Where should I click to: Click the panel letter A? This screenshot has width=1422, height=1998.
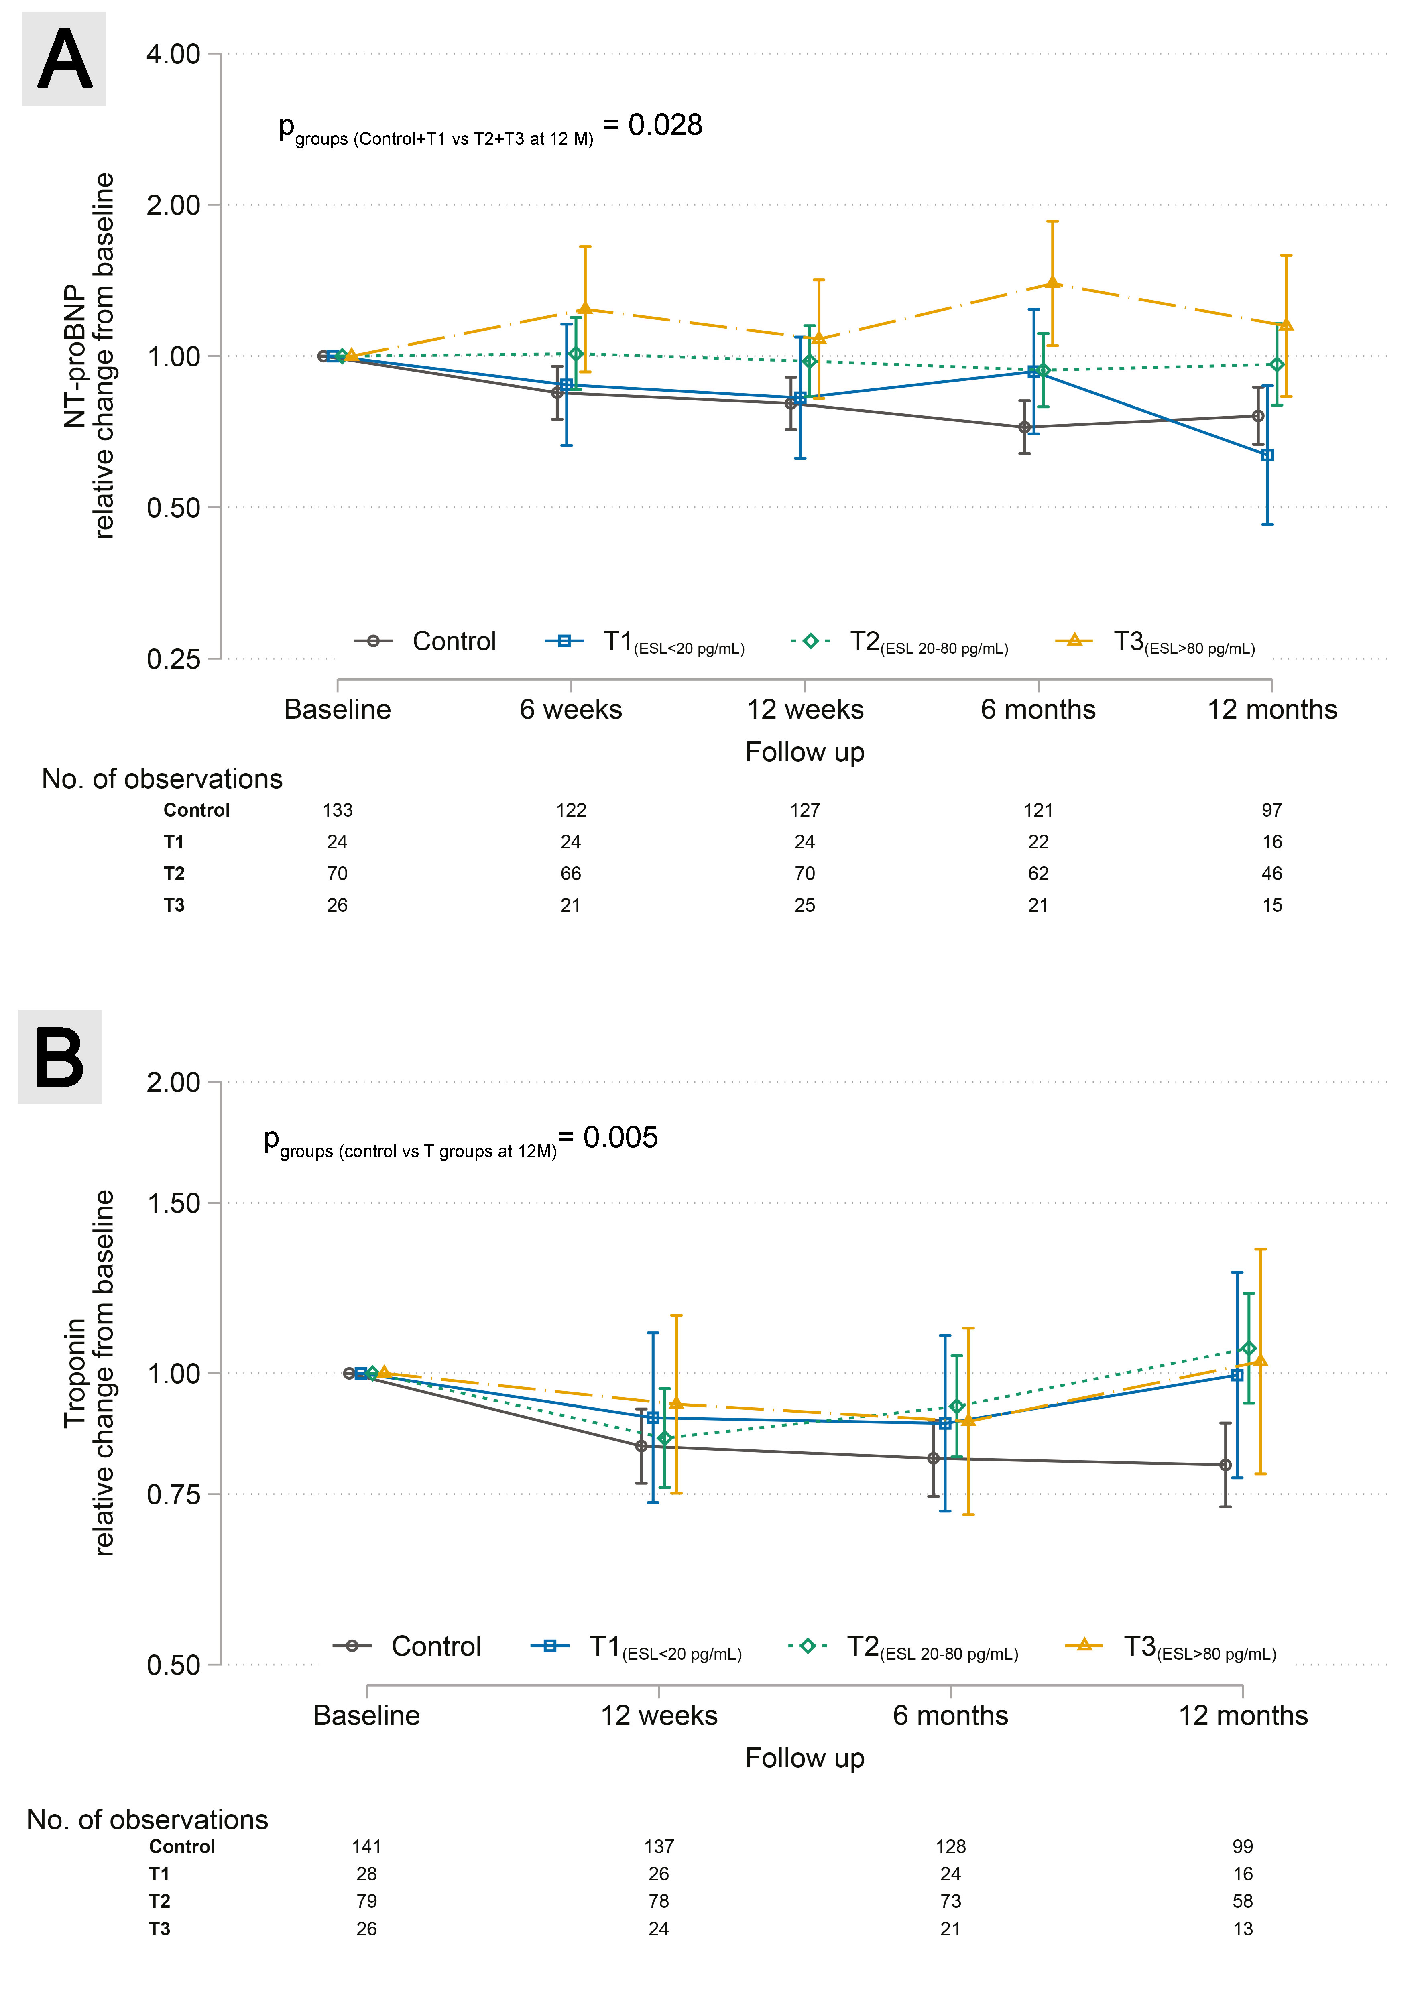(x=64, y=59)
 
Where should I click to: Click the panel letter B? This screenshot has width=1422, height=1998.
(x=59, y=1057)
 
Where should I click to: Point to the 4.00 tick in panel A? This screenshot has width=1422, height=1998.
(x=173, y=53)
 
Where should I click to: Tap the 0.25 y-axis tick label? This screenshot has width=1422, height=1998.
(x=173, y=659)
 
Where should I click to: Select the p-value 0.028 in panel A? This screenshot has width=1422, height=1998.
(x=665, y=125)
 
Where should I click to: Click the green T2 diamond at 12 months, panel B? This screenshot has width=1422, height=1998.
(x=1249, y=1348)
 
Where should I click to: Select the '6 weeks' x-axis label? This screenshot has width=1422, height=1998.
(x=571, y=709)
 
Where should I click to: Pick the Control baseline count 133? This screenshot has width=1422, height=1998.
(x=337, y=810)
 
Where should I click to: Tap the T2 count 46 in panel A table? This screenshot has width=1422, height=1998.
(x=1272, y=873)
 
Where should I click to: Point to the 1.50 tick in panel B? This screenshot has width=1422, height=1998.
(x=173, y=1203)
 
